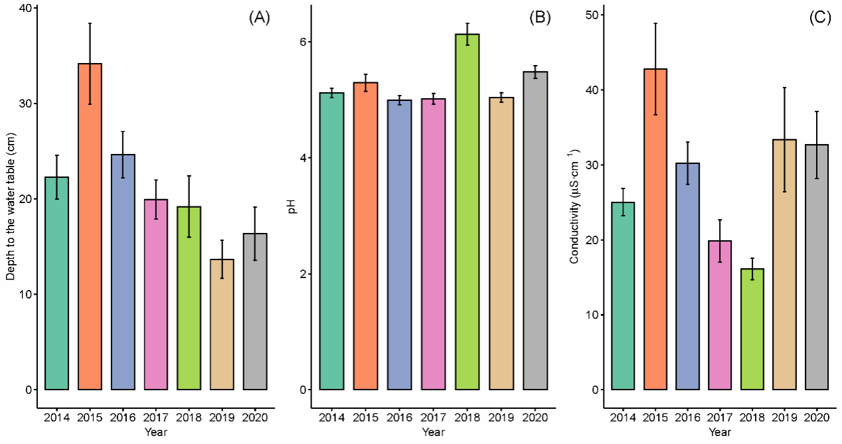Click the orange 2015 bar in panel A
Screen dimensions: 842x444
90,226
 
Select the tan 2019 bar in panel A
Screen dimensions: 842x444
222,324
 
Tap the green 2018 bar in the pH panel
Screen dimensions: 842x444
467,212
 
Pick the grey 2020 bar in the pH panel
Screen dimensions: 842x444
535,231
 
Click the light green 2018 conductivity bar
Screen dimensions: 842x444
752,329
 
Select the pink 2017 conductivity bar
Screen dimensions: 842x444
720,315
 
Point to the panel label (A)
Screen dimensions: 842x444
260,18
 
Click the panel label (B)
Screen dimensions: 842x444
540,18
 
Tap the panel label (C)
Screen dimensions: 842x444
820,18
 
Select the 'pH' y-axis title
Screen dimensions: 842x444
292,207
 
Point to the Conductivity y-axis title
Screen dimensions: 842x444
574,206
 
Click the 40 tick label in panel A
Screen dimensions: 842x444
25,8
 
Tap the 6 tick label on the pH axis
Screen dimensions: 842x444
303,41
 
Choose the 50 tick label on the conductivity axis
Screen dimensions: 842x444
592,15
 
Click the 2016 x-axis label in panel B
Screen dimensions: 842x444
399,417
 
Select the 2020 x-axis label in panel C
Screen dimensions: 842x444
817,417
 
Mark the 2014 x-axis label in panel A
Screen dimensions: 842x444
56,417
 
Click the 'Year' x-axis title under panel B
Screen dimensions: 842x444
433,432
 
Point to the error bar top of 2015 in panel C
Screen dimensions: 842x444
655,23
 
